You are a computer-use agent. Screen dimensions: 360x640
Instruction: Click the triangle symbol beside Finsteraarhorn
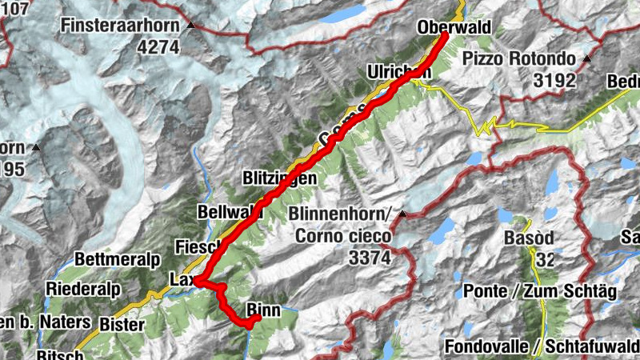[x=190, y=26]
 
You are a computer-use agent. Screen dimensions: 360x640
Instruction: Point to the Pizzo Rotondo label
[x=518, y=59]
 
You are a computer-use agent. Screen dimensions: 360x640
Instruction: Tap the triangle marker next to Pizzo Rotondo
[x=586, y=59]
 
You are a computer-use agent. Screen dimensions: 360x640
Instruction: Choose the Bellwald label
[x=230, y=211]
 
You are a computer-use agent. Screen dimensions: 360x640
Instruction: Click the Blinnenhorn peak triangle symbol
[x=403, y=214]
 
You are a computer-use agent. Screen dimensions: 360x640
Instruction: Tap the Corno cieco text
[x=342, y=236]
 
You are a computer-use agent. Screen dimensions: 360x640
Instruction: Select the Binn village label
[x=262, y=308]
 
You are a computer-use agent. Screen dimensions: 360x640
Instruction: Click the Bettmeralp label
[x=118, y=260]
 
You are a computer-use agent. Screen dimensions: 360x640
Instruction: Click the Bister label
[x=122, y=325]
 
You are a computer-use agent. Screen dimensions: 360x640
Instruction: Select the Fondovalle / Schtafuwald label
[x=542, y=347]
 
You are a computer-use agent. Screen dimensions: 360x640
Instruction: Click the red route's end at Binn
[x=256, y=319]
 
